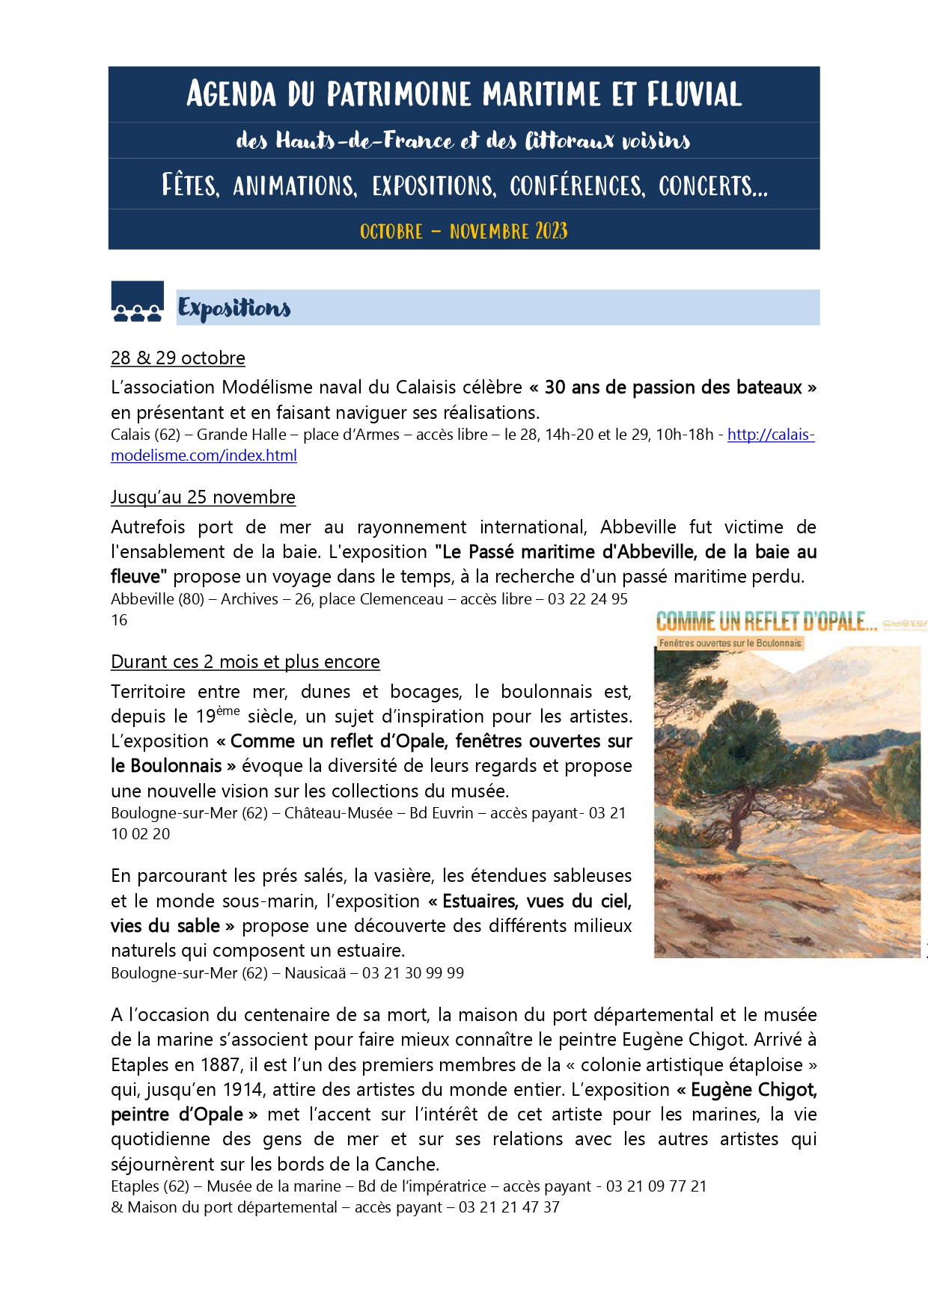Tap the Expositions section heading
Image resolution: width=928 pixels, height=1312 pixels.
click(x=234, y=308)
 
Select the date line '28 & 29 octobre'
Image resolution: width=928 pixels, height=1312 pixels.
click(x=178, y=358)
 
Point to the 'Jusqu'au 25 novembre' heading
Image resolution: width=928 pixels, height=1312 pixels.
click(x=203, y=497)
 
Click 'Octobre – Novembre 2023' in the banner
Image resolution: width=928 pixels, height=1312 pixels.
click(x=463, y=230)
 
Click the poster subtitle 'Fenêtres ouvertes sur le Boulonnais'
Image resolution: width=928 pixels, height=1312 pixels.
click(x=730, y=643)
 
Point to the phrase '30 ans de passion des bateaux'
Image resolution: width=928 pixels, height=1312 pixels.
click(x=673, y=387)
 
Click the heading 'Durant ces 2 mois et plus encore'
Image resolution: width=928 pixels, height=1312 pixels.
click(x=245, y=662)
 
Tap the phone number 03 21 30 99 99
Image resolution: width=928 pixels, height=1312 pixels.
click(x=413, y=973)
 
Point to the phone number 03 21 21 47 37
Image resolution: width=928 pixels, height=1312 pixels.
click(x=509, y=1207)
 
